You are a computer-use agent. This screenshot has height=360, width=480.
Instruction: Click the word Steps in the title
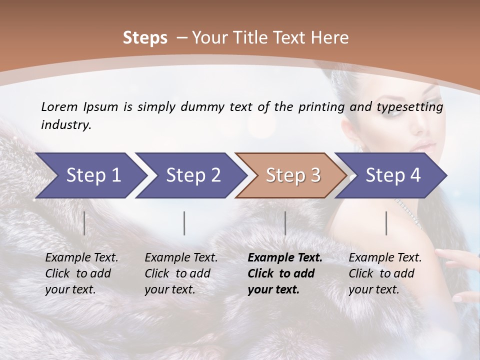click(x=145, y=38)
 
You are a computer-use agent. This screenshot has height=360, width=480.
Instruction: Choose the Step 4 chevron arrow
click(x=392, y=175)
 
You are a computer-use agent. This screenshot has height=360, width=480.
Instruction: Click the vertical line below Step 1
click(x=84, y=223)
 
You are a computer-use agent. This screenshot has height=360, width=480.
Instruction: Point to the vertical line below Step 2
click(x=184, y=223)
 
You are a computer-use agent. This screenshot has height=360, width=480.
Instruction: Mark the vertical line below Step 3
click(x=285, y=223)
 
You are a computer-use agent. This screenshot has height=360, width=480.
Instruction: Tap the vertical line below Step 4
click(x=386, y=223)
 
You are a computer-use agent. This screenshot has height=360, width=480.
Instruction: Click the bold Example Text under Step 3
click(x=285, y=258)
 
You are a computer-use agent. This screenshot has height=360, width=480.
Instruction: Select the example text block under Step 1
click(x=81, y=273)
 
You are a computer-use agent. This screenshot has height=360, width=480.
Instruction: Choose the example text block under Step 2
click(x=181, y=273)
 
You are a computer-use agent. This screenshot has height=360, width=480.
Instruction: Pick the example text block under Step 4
click(x=385, y=273)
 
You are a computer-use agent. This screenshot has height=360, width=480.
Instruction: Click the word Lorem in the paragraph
click(x=59, y=106)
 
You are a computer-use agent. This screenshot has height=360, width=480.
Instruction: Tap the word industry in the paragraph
click(x=66, y=124)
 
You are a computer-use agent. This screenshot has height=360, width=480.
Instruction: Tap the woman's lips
click(x=423, y=146)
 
